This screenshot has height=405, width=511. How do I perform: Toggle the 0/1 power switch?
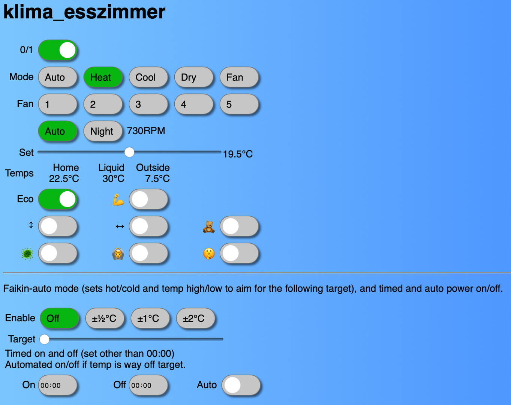coord(58,50)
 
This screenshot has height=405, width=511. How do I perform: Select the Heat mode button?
coord(103,77)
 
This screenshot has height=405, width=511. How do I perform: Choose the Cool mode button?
coord(148,77)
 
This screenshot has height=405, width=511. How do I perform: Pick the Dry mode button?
coord(194,77)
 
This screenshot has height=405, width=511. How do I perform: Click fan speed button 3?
coord(148,104)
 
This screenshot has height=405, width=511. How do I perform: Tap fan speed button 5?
coord(239,104)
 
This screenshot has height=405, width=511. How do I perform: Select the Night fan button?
coord(103,131)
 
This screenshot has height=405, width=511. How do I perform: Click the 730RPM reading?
coord(146,131)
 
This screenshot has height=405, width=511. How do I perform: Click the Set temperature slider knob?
coord(129,152)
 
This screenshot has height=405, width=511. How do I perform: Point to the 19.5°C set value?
coord(238,154)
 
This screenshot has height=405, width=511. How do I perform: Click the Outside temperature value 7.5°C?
coord(157,178)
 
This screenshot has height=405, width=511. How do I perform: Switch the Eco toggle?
coord(58,199)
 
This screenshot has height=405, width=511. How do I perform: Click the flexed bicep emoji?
coord(118,199)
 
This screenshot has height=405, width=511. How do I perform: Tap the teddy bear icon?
coord(209,227)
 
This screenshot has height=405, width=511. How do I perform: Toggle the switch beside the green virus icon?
coord(58,253)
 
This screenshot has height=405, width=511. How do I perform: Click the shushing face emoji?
coord(209,254)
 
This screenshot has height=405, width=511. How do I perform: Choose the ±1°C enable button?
coord(150,318)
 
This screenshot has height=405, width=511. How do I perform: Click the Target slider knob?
coord(44,339)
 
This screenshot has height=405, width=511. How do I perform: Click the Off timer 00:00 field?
coord(148,385)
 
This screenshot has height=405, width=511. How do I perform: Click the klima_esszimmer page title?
coord(84,12)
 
